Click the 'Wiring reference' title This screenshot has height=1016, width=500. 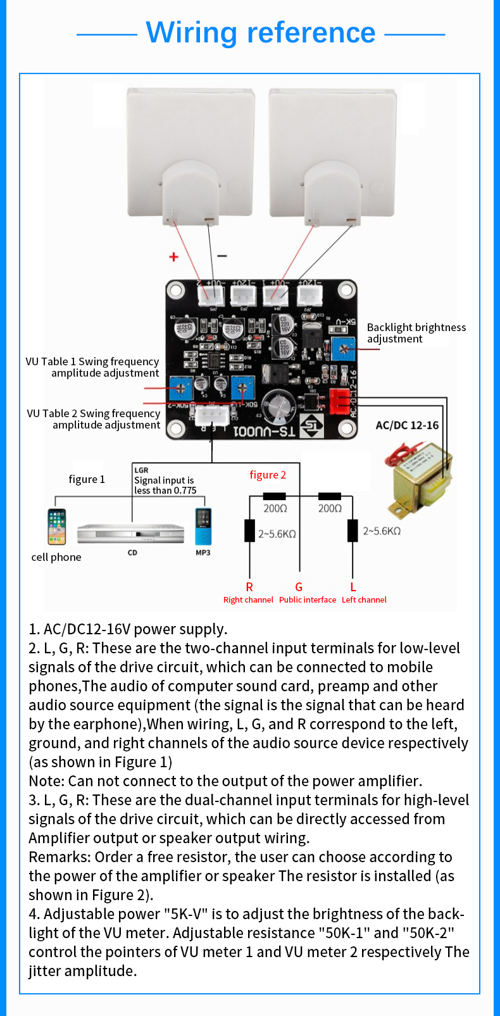[x=261, y=33]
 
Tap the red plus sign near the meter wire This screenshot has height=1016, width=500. [x=173, y=256]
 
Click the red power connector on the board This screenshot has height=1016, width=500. [x=339, y=400]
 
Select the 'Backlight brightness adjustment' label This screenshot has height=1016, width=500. [x=416, y=333]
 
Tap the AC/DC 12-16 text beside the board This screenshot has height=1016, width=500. [x=407, y=425]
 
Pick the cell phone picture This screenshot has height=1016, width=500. [x=56, y=527]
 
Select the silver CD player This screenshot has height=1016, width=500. [x=130, y=534]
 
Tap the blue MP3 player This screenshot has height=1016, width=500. [x=203, y=527]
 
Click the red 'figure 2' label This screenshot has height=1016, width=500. [x=268, y=475]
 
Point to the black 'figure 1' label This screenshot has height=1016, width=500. [x=87, y=479]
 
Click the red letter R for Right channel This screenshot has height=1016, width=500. [x=249, y=587]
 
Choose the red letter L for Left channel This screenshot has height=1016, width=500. [x=353, y=587]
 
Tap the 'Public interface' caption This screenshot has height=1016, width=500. [x=308, y=599]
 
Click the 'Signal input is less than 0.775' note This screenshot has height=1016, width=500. [x=165, y=485]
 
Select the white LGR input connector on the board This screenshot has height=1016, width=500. [x=211, y=415]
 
